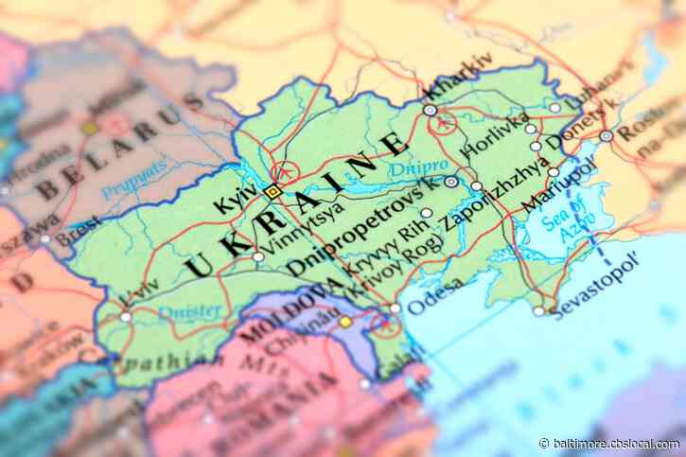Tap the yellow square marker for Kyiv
273,191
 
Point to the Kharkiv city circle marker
431,111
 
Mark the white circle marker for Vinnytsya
258,256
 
